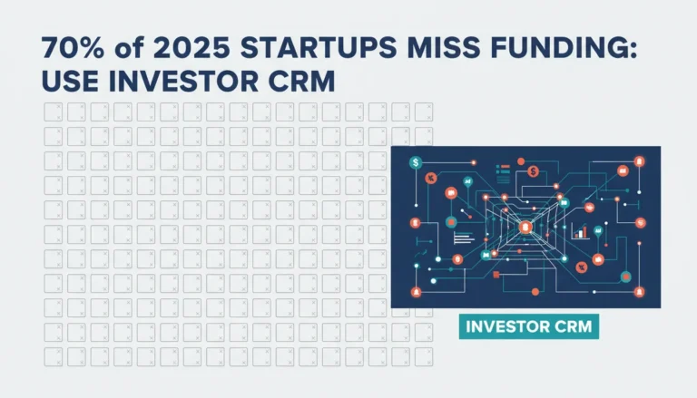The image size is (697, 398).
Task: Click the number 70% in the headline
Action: click(x=73, y=48)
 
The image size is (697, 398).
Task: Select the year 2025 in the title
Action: click(x=192, y=48)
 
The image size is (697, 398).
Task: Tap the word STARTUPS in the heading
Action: click(x=319, y=48)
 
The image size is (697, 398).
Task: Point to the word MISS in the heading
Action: click(x=444, y=48)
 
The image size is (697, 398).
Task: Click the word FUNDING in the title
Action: click(x=556, y=48)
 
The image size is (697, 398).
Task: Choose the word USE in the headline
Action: click(x=69, y=82)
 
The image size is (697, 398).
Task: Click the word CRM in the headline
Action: click(x=302, y=82)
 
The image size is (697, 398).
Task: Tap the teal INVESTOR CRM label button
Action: click(x=529, y=326)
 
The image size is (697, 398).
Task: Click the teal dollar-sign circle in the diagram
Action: click(x=415, y=162)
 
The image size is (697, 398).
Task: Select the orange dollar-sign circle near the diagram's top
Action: click(x=534, y=171)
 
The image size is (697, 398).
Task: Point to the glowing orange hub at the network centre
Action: click(x=525, y=228)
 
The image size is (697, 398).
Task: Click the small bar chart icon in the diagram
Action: click(x=580, y=231)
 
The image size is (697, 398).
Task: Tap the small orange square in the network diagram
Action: click(x=496, y=275)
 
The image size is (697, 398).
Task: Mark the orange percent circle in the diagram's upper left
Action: click(x=430, y=178)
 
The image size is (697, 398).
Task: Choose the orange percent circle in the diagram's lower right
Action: click(x=582, y=267)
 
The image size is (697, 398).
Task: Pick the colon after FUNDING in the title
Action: click(x=633, y=51)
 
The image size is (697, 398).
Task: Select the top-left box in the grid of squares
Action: click(x=54, y=112)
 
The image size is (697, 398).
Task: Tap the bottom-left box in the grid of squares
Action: click(x=54, y=356)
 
